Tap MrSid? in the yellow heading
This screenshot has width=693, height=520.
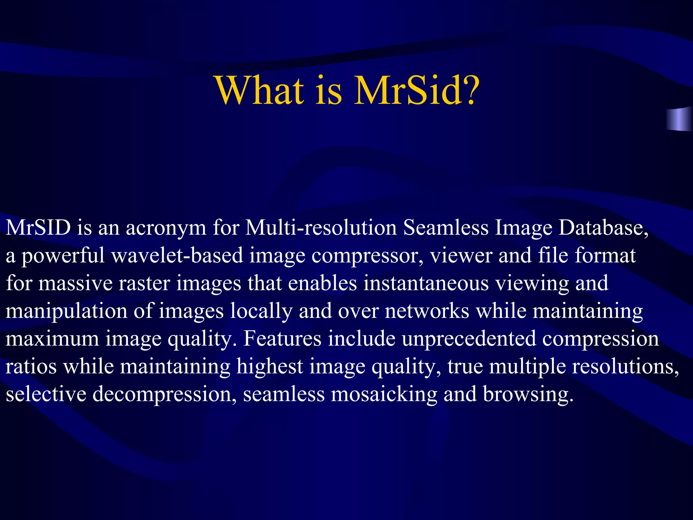click(x=417, y=90)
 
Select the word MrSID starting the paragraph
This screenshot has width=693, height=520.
click(x=38, y=227)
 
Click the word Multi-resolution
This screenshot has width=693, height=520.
click(x=321, y=227)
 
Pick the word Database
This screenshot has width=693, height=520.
click(x=603, y=227)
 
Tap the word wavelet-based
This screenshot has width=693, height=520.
click(x=177, y=255)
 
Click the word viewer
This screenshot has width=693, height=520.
click(x=461, y=255)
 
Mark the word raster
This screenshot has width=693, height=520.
click(x=144, y=283)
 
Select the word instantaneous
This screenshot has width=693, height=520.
click(x=426, y=283)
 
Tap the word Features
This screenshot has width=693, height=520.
click(x=282, y=339)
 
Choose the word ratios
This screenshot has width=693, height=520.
click(x=31, y=366)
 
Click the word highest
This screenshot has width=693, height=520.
click(x=270, y=367)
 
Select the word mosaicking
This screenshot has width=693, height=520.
click(x=384, y=395)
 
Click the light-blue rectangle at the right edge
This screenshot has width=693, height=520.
click(x=679, y=119)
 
